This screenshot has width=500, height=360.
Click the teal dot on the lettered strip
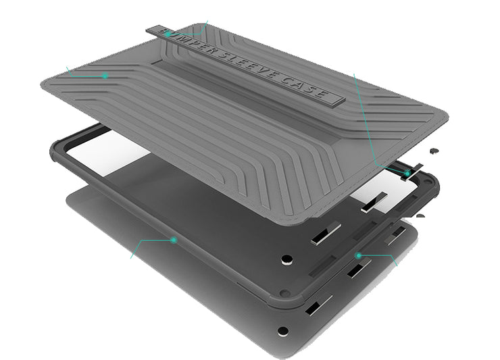tap(168, 34)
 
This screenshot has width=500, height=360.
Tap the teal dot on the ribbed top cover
tap(105, 76)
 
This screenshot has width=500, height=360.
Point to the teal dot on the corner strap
tap(407, 173)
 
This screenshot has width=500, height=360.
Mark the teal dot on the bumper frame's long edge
tap(174, 240)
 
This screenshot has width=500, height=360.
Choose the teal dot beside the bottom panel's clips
tap(359, 255)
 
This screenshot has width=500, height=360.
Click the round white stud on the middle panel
tap(287, 260)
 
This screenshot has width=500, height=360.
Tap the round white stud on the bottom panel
tap(283, 331)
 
